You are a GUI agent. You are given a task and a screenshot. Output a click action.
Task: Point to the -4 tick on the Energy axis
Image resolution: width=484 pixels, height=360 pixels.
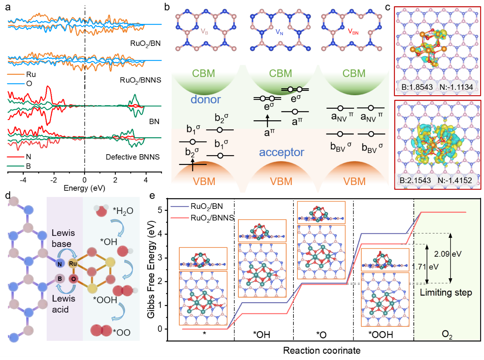coord(24,180)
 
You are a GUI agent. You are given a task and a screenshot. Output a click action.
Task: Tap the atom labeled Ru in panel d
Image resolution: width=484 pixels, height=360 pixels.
coord(73,264)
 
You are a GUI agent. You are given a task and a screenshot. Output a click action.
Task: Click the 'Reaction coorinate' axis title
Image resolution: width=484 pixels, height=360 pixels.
coord(322,351)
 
